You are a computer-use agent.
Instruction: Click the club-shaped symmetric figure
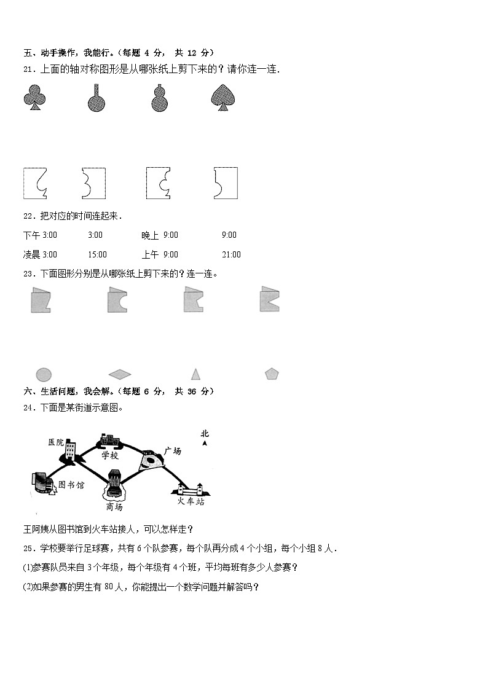34,98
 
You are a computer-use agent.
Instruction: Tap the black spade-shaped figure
224,98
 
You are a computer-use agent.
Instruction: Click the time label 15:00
97,254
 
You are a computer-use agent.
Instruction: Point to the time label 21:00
231,254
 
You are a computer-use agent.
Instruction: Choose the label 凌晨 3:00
40,254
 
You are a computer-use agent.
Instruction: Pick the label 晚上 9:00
159,235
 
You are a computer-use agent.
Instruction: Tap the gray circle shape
43,374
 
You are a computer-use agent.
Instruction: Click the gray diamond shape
120,374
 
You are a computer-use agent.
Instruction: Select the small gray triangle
195,374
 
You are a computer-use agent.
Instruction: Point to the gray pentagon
272,374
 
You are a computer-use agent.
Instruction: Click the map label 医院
56,442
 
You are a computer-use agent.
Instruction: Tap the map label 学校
110,456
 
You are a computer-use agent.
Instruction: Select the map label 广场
173,451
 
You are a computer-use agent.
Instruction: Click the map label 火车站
191,501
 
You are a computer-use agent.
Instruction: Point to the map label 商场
114,507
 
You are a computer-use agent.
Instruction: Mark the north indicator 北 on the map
205,434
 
